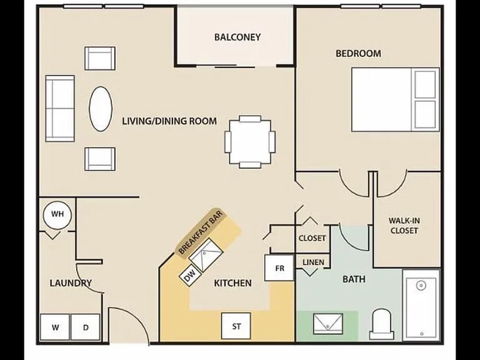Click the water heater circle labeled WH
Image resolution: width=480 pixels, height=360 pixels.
pyautogui.click(x=57, y=214)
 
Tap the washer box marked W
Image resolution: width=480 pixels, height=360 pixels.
pyautogui.click(x=55, y=327)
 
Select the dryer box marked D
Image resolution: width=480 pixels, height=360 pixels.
pyautogui.click(x=86, y=327)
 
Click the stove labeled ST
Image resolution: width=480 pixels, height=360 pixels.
pyautogui.click(x=236, y=326)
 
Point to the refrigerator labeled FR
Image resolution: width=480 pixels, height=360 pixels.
pyautogui.click(x=279, y=268)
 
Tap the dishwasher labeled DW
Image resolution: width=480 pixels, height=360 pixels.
pyautogui.click(x=190, y=276)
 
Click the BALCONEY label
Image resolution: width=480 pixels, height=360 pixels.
pyautogui.click(x=237, y=37)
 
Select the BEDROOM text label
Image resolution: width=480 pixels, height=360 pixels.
pyautogui.click(x=359, y=54)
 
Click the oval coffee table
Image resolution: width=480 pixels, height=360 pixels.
pyautogui.click(x=101, y=109)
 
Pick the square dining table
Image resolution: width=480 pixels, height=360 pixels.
pyautogui.click(x=250, y=142)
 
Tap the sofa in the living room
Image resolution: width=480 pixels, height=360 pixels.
pyautogui.click(x=60, y=109)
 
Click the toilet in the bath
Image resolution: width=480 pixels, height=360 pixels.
pyautogui.click(x=381, y=324)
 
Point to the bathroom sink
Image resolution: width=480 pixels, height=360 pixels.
pyautogui.click(x=328, y=324)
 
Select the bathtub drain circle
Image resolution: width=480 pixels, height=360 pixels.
pyautogui.click(x=421, y=286)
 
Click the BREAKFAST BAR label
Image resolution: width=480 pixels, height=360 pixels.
pyautogui.click(x=201, y=232)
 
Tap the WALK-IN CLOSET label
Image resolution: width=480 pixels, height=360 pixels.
pyautogui.click(x=404, y=225)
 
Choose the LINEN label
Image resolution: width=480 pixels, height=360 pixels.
pyautogui.click(x=313, y=262)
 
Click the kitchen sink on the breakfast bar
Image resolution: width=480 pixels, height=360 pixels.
pyautogui.click(x=206, y=255)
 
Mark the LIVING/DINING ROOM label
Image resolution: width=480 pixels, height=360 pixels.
pyautogui.click(x=169, y=121)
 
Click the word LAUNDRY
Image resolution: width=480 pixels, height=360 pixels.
pyautogui.click(x=71, y=283)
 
